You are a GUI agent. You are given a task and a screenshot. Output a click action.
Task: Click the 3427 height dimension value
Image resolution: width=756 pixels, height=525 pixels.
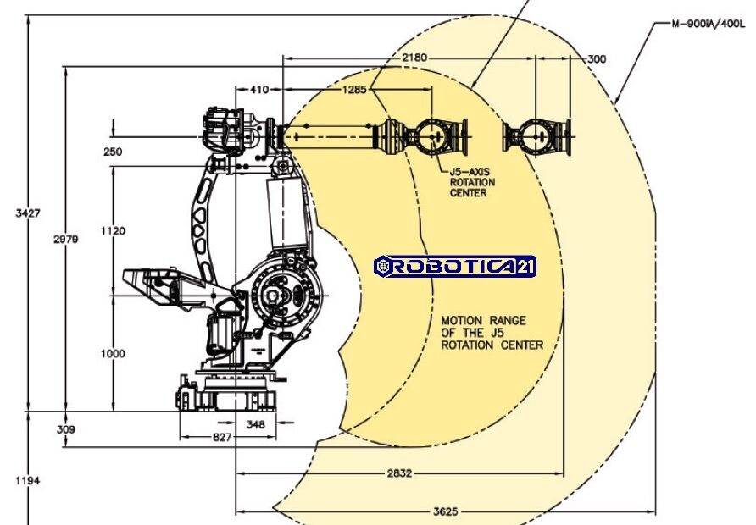click(x=28, y=213)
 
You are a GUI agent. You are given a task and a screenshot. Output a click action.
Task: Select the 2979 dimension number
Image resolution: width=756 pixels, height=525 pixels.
click(x=65, y=239)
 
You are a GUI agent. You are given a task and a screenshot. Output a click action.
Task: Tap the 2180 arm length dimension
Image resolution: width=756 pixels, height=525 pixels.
click(x=414, y=58)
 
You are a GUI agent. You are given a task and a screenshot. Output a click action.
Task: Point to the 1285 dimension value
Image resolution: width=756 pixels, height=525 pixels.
click(x=354, y=90)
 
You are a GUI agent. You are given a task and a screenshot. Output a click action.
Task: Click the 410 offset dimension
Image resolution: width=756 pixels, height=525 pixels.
click(x=259, y=90)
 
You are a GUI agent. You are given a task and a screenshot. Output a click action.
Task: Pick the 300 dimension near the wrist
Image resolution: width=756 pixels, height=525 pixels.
click(x=597, y=59)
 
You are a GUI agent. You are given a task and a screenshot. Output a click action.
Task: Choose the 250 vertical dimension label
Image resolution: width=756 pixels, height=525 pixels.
click(x=113, y=152)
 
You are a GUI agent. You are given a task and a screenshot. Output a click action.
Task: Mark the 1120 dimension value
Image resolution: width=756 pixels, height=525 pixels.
click(x=113, y=231)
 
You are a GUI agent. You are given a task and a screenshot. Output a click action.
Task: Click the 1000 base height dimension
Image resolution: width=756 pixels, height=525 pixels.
click(x=113, y=354)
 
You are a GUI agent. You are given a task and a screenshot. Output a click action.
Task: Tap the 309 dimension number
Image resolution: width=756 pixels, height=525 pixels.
click(x=65, y=429)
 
